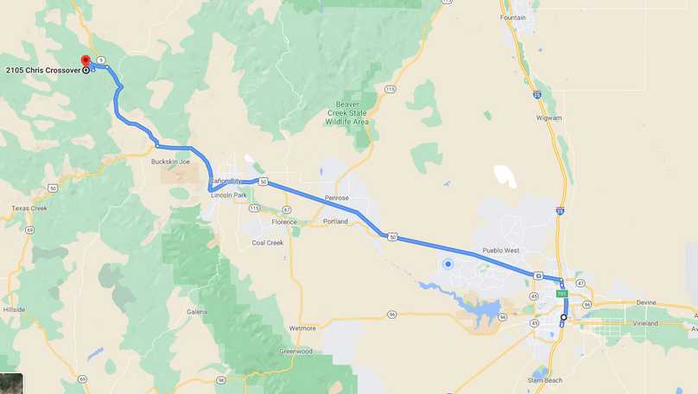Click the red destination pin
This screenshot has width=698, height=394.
[x=86, y=62]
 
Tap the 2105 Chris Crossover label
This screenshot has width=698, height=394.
[x=42, y=70]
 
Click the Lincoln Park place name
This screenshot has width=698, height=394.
[x=229, y=196]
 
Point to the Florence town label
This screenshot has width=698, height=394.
[x=284, y=222]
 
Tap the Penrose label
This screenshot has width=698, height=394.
[x=337, y=198]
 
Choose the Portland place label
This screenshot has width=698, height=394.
[x=333, y=222]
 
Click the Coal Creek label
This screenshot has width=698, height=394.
[x=268, y=243]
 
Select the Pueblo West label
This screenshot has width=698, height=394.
[x=501, y=251]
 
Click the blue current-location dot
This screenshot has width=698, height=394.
[x=447, y=264]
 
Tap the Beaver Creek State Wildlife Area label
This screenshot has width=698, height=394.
[x=347, y=114]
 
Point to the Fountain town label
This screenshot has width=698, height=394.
[x=513, y=17]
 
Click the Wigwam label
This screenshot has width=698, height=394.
[x=549, y=118]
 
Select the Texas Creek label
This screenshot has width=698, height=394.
[x=29, y=208]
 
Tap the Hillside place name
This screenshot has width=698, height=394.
[x=15, y=308]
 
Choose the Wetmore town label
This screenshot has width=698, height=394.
[x=302, y=328]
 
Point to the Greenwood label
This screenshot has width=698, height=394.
[x=295, y=352]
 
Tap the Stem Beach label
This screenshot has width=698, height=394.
[x=546, y=379]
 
